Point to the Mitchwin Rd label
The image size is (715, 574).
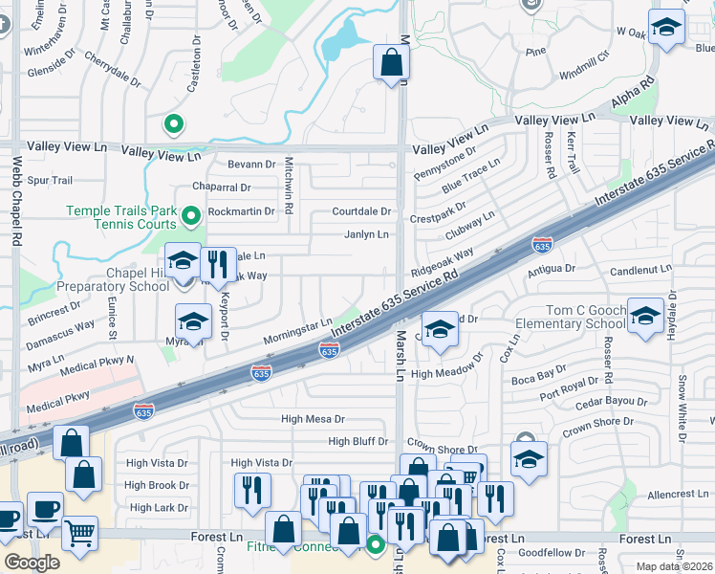[x=289, y=187]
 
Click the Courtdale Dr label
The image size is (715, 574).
[x=362, y=211]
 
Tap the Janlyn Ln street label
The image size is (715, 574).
[x=367, y=235]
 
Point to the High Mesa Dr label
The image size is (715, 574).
[x=313, y=419]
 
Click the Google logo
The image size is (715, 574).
[x=32, y=563]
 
